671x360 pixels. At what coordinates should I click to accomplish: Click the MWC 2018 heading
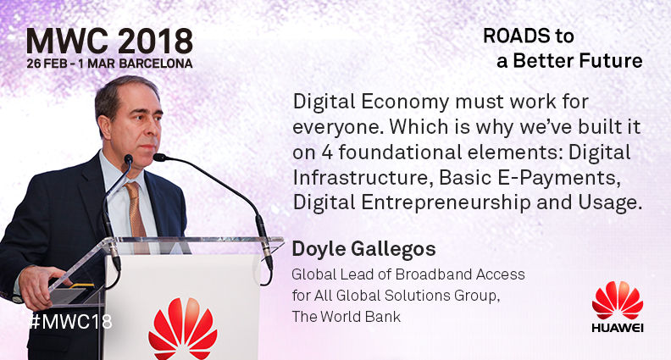coord(109,42)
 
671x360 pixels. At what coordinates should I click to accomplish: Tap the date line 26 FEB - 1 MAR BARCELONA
coord(109,64)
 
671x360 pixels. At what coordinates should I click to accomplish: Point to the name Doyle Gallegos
coord(363,249)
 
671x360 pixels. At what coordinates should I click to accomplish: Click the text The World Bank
coord(347,316)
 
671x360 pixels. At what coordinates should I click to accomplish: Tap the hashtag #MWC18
coord(70,321)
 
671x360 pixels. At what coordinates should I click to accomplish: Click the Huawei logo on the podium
coord(183,329)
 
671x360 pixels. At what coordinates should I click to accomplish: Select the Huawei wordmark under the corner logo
coord(618,328)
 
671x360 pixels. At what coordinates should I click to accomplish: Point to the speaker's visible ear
coord(104,126)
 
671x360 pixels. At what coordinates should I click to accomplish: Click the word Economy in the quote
coord(405,102)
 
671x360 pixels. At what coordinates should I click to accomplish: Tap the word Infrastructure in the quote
coord(360,178)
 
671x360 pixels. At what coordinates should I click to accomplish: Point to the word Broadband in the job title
coord(433,274)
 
